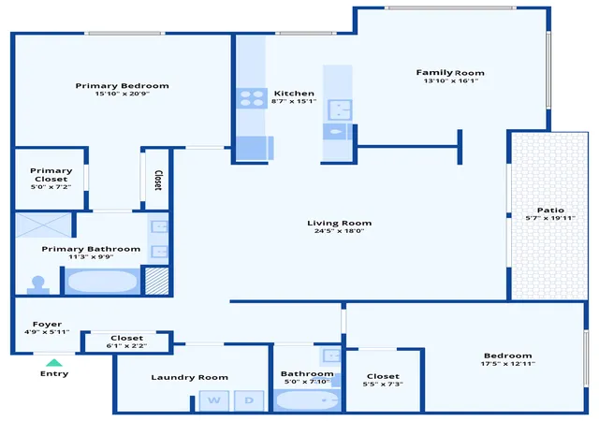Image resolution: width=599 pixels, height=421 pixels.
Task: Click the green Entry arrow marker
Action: (x=54, y=363)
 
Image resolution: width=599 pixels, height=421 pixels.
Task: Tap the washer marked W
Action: (x=214, y=400)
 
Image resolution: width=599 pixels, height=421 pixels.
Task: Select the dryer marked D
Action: (x=249, y=400)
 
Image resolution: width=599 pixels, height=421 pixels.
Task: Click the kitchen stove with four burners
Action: (x=252, y=98)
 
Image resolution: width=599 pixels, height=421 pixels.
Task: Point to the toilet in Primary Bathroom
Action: (x=38, y=285)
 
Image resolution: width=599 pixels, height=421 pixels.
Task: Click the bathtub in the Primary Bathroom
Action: (x=102, y=282)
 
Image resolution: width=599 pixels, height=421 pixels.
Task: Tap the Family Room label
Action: (x=450, y=73)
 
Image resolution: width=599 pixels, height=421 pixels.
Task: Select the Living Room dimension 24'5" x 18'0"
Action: (x=339, y=231)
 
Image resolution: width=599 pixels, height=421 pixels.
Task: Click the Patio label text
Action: (x=550, y=210)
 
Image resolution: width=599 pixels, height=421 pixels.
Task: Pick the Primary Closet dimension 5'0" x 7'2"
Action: (x=51, y=187)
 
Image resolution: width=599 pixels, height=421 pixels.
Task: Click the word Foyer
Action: (x=47, y=325)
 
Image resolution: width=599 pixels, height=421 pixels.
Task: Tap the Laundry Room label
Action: (x=189, y=377)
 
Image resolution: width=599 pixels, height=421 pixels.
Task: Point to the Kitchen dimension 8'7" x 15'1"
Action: (x=294, y=101)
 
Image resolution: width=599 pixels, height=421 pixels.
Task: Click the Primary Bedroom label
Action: (x=122, y=85)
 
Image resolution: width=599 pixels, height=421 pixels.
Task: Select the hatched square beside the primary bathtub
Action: (x=156, y=282)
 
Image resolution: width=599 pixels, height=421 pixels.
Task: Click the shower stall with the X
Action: (x=43, y=225)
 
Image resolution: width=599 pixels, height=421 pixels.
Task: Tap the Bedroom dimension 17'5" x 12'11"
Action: (x=507, y=364)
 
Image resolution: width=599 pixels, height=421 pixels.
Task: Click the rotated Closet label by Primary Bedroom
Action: (x=158, y=180)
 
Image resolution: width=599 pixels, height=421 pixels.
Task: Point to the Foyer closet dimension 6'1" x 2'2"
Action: (x=126, y=346)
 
